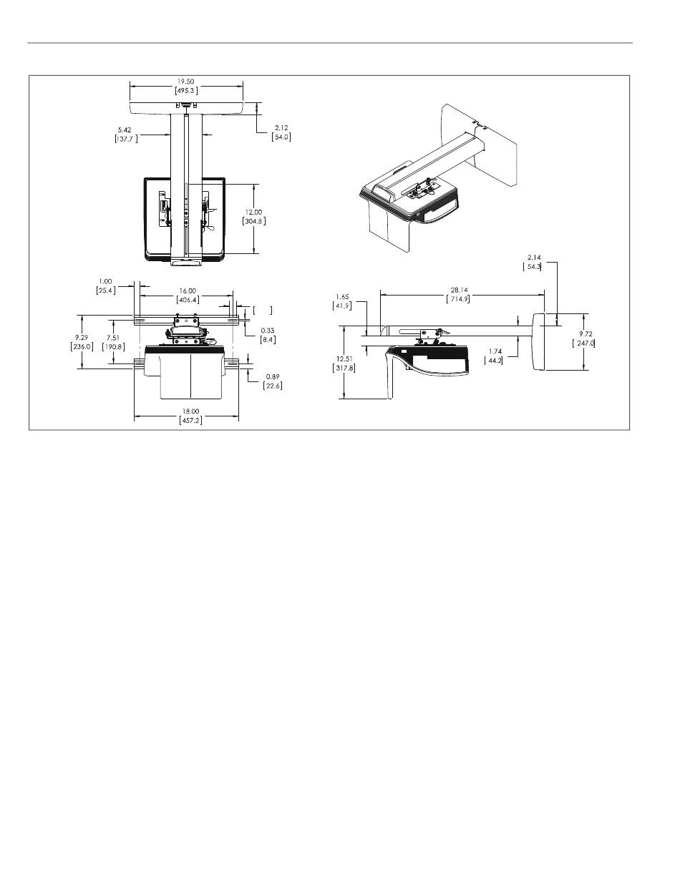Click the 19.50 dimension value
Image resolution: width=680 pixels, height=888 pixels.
pyautogui.click(x=185, y=82)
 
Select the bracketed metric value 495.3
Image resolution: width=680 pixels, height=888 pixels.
pyautogui.click(x=186, y=91)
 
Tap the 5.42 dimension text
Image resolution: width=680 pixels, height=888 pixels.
pyautogui.click(x=125, y=130)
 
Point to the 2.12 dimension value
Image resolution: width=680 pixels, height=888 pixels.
pyautogui.click(x=281, y=128)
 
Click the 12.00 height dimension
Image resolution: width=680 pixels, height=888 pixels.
pyautogui.click(x=253, y=212)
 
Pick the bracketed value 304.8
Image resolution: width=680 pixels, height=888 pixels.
pyautogui.click(x=254, y=221)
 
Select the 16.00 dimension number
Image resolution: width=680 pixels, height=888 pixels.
pyautogui.click(x=188, y=291)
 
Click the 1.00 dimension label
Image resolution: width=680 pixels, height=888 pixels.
pyautogui.click(x=105, y=281)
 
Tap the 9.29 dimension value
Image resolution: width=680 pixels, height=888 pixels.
pyautogui.click(x=82, y=338)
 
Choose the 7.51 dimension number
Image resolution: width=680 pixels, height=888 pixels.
pyautogui.click(x=113, y=338)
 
